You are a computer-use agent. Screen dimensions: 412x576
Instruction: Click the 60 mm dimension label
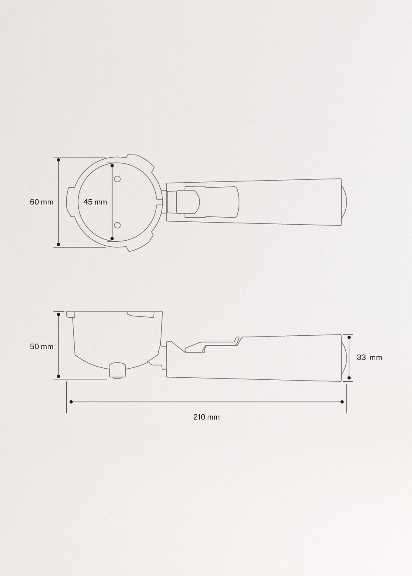42,202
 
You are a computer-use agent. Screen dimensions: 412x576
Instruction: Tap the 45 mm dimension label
95,202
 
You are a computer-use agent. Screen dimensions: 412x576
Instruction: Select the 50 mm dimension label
42,346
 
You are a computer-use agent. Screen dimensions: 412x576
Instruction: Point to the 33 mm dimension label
369,357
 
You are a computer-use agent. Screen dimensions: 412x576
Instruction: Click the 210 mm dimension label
206,417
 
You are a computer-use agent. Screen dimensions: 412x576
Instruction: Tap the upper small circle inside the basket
117,179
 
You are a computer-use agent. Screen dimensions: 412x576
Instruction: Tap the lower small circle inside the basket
117,225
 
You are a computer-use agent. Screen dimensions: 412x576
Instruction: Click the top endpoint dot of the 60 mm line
59,160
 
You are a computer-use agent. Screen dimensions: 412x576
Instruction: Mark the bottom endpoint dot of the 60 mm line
59,244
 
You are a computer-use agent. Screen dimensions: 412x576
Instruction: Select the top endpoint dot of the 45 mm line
112,166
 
